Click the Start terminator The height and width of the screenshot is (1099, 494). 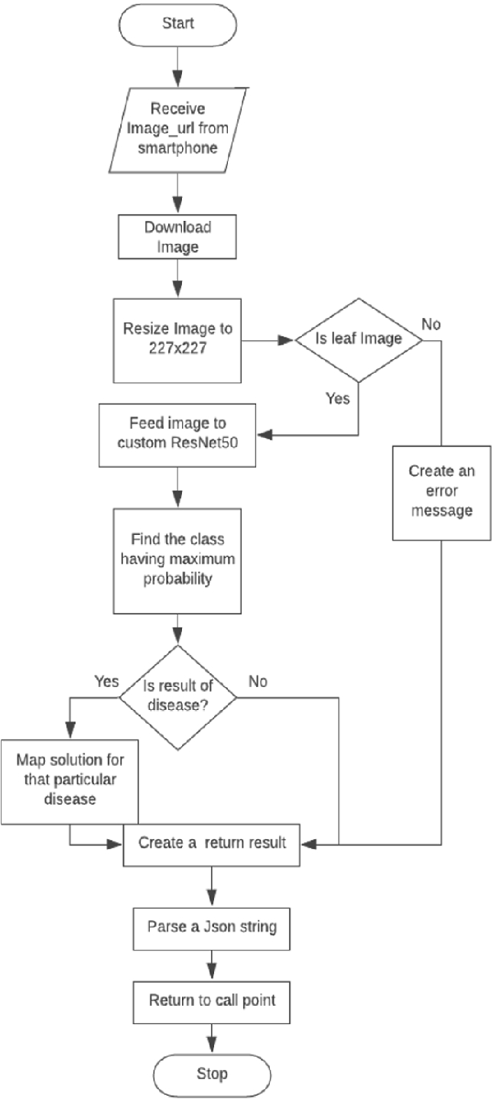[x=177, y=23]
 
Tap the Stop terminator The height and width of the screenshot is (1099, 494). [x=211, y=1073]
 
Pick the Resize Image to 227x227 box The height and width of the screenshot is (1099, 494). [x=177, y=340]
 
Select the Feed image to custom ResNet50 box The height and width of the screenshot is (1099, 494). [x=177, y=435]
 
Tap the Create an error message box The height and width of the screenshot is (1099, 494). [x=442, y=491]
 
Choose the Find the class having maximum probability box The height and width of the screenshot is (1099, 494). [x=177, y=560]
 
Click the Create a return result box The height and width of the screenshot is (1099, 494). [x=211, y=844]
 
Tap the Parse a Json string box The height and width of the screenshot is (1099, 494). [x=211, y=926]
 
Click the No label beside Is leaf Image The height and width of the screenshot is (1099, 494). [x=431, y=324]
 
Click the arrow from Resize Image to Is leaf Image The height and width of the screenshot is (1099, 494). [x=268, y=339]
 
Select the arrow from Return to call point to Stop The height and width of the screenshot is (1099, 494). [x=211, y=1038]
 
